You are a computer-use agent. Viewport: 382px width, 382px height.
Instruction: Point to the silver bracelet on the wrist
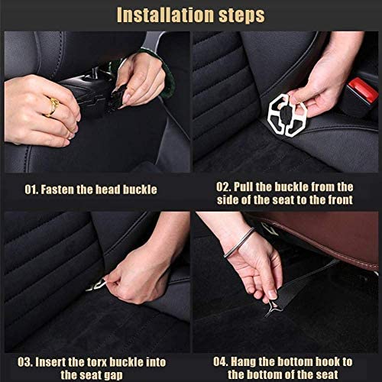pyautogui.click(x=239, y=242)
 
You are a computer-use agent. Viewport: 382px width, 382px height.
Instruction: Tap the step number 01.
pyautogui.click(x=31, y=189)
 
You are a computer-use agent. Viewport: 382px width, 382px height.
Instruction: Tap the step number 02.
pyautogui.click(x=224, y=187)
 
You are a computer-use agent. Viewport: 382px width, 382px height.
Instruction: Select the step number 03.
pyautogui.click(x=25, y=362)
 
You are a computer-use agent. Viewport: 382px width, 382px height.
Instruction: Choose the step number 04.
pyautogui.click(x=221, y=362)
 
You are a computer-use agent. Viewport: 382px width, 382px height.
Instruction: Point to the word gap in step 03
pyautogui.click(x=113, y=376)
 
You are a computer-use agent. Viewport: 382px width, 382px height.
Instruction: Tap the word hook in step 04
pyautogui.click(x=328, y=362)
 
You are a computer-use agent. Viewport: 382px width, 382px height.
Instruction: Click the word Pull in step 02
pyautogui.click(x=244, y=187)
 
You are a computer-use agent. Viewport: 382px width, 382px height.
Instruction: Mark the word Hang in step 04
pyautogui.click(x=243, y=362)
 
